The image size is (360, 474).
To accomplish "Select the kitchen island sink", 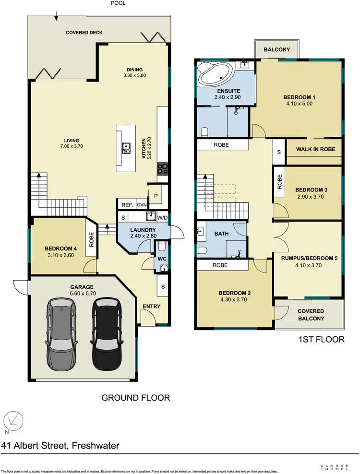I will pos(126,148).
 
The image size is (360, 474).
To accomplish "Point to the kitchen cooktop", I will pos(163,168).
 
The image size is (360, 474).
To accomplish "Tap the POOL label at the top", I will pos(119,3).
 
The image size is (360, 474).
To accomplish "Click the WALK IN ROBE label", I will pos(315,149).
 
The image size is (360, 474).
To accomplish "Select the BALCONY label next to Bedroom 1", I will pos(276,49).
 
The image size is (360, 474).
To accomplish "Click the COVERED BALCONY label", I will pos(311,314).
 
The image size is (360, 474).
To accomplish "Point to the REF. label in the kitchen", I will pos(127,205).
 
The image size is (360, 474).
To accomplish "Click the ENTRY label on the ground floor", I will pos(152,307).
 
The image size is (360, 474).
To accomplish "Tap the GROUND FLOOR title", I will pos(135,398).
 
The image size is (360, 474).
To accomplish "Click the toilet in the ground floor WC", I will pos(162,247).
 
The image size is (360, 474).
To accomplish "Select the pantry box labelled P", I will pos(155,196).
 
